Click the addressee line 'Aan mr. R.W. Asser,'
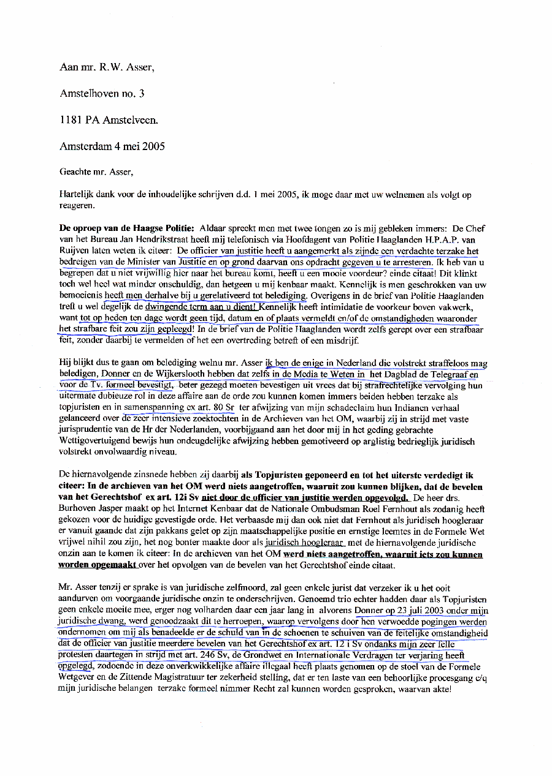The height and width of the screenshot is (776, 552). point(107,67)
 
